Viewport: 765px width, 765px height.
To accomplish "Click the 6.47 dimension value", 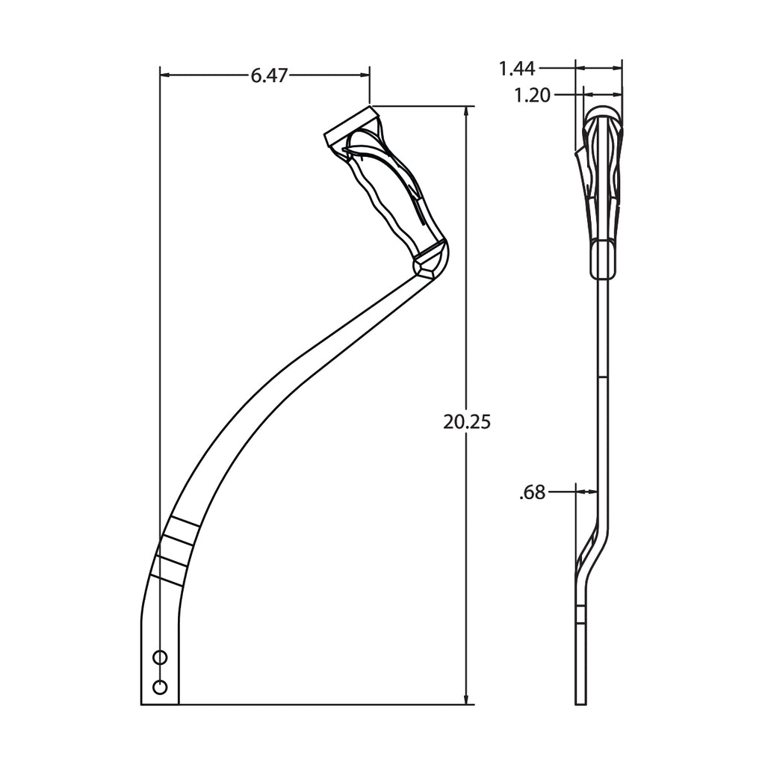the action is [269, 75].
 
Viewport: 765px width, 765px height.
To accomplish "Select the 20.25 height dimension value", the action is [467, 422].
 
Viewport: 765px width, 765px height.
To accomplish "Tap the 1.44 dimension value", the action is [517, 69].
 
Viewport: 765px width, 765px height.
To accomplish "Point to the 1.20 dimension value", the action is [532, 95].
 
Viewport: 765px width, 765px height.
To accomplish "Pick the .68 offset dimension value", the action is [532, 493].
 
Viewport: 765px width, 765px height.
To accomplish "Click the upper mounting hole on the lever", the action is [160, 657].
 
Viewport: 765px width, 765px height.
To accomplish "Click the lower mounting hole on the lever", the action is [160, 687].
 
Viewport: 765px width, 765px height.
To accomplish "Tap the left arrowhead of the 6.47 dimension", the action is [165, 75].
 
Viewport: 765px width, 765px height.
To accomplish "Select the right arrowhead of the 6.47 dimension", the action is [365, 75].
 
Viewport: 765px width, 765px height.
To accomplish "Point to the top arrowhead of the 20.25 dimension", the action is [467, 111].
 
